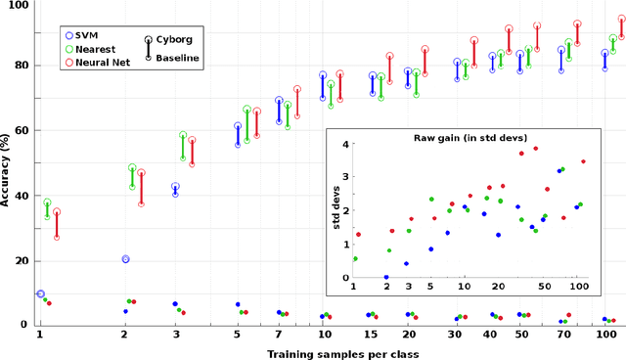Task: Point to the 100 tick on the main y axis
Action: [17, 6]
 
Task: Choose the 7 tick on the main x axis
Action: [279, 335]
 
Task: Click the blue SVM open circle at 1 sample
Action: [40, 293]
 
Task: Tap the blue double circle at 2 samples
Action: [125, 259]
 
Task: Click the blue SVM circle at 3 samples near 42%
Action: [176, 187]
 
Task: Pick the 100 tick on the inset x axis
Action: [577, 288]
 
